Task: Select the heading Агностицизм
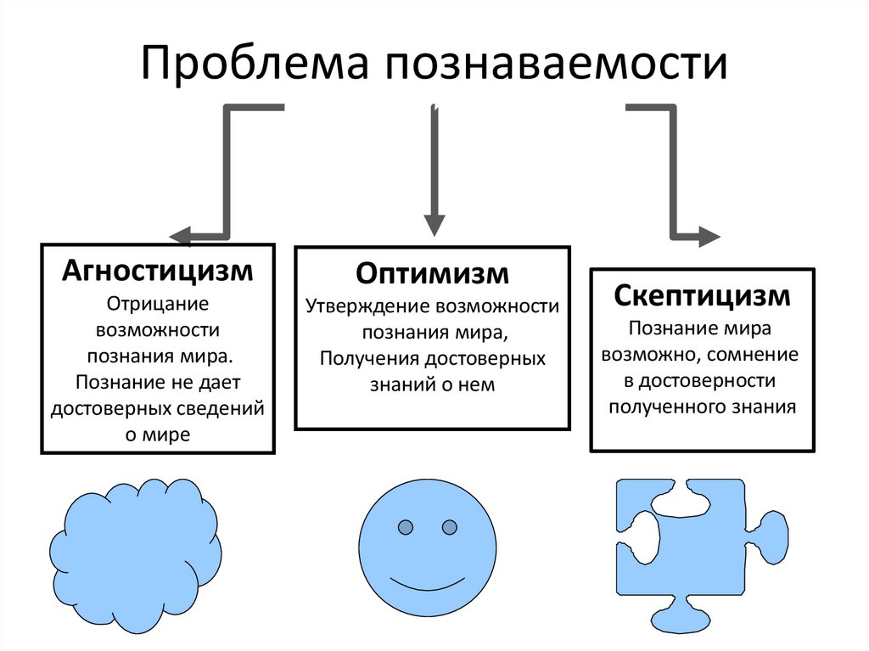click(158, 272)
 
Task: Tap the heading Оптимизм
click(433, 273)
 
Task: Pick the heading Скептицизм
click(702, 296)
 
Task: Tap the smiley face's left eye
click(406, 528)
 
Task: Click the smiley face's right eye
click(449, 528)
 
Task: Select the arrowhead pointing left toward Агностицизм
click(180, 236)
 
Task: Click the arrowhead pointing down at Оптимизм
click(434, 225)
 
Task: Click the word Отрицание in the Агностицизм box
click(158, 302)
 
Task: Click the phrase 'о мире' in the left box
click(158, 435)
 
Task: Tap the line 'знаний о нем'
click(432, 384)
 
